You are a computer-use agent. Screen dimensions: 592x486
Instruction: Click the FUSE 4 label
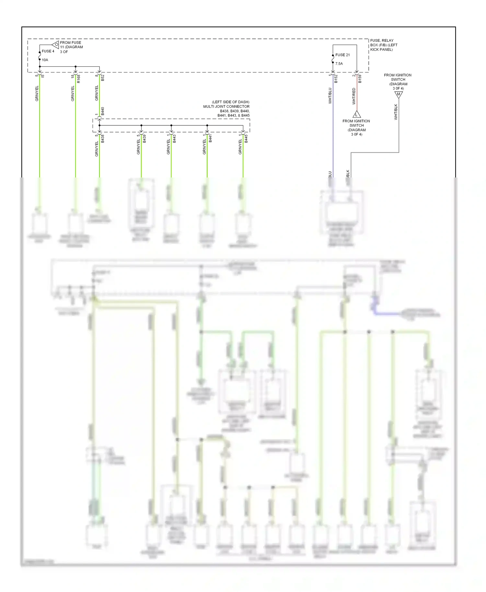48,51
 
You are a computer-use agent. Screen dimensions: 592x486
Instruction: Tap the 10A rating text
45,60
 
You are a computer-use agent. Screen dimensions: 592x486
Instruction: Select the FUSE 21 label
342,55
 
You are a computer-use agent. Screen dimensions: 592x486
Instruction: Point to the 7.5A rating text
339,64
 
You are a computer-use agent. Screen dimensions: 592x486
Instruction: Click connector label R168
78,79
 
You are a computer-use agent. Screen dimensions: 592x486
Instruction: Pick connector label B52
103,78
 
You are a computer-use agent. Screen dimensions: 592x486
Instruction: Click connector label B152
336,79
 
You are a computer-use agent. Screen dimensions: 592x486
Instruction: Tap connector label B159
360,79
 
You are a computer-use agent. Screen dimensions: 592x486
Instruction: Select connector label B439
145,139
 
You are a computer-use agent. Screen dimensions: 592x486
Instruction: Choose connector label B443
174,139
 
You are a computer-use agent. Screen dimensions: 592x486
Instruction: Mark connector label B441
210,139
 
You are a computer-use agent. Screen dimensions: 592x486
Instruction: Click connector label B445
246,139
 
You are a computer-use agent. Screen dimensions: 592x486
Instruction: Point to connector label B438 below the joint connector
103,139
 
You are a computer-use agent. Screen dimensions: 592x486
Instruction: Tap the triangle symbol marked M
399,95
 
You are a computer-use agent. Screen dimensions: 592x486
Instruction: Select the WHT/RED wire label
354,96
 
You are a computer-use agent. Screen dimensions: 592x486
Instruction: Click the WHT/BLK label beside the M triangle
396,112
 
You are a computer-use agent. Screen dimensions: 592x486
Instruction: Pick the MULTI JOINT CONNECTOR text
226,107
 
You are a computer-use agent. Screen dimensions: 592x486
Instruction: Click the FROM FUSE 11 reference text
71,45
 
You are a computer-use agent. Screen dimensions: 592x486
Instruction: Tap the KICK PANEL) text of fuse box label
381,50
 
